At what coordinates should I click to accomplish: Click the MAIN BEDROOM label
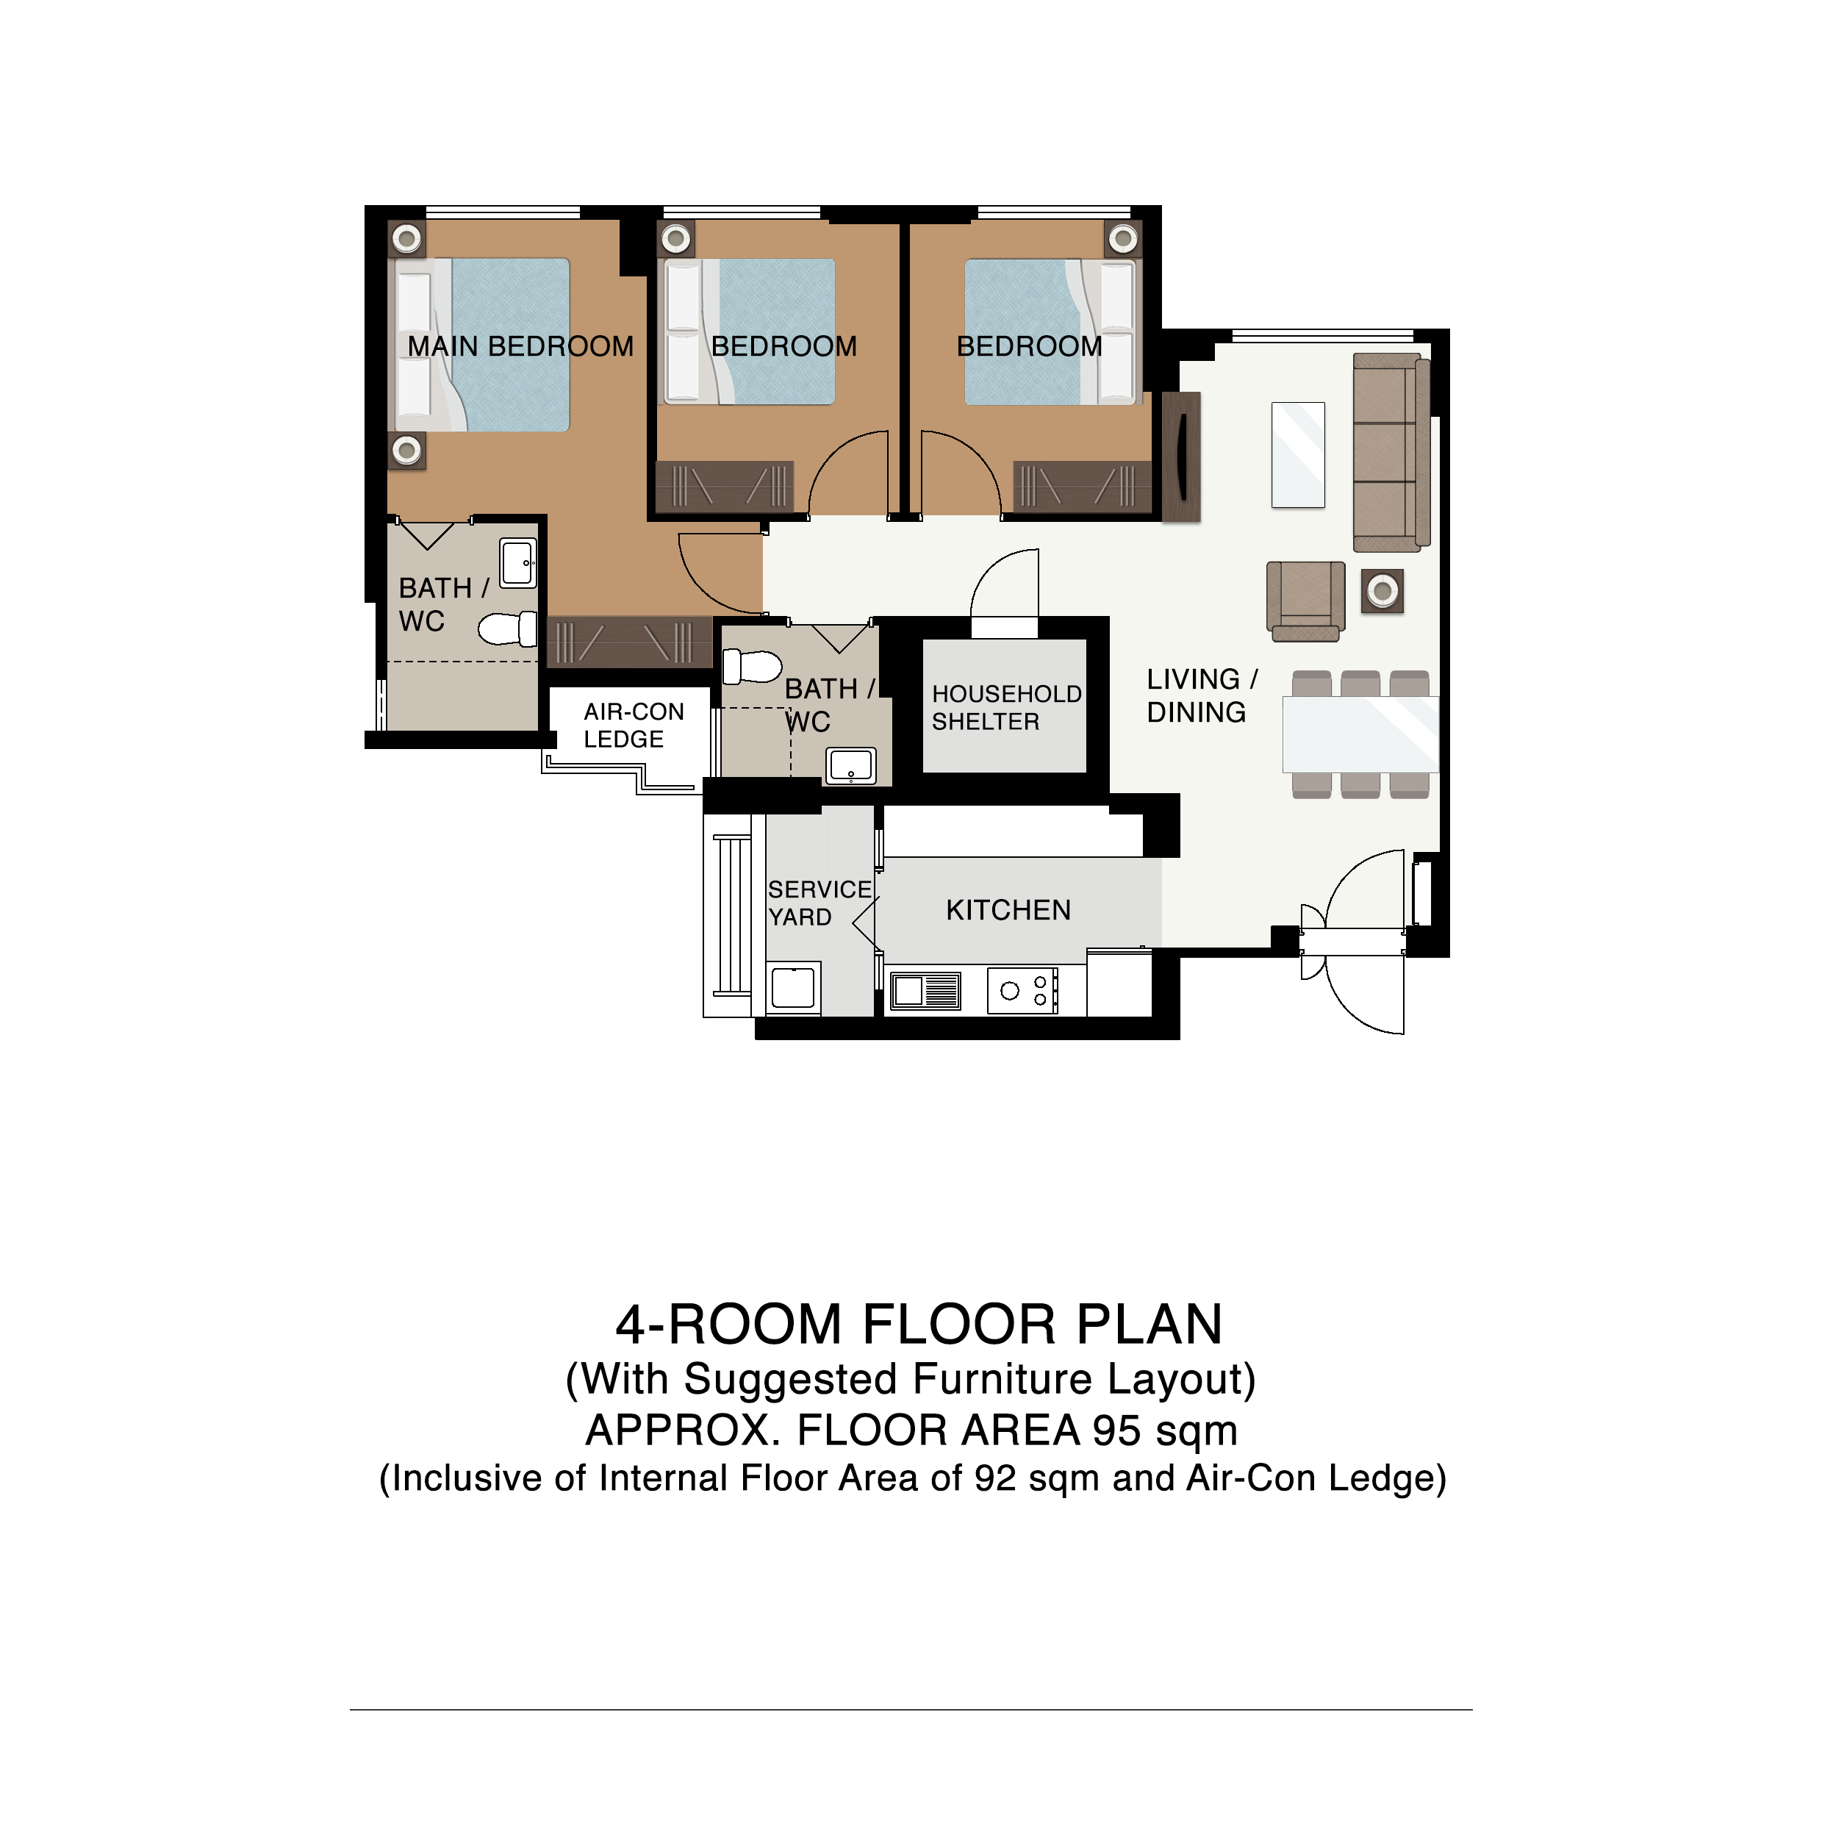(520, 346)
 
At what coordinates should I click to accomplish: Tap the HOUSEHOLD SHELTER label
(1006, 707)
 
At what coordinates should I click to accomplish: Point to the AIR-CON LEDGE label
(633, 725)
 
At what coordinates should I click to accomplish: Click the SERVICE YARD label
(819, 903)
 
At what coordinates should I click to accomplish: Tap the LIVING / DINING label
(1201, 695)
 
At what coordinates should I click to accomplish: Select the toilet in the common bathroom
(752, 666)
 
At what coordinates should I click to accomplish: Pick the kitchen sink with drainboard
(925, 990)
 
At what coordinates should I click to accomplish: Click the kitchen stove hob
(1022, 990)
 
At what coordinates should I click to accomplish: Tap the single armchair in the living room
(1305, 601)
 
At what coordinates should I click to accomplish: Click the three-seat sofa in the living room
(1391, 452)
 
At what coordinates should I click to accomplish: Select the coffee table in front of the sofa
(1297, 454)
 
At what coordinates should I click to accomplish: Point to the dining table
(1359, 734)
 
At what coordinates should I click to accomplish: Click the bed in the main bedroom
(479, 344)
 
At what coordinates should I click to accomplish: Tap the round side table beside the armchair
(1381, 591)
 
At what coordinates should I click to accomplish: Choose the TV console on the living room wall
(1180, 456)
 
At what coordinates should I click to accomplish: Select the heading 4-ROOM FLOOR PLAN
(918, 1324)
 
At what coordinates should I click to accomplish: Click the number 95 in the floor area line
(1116, 1430)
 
